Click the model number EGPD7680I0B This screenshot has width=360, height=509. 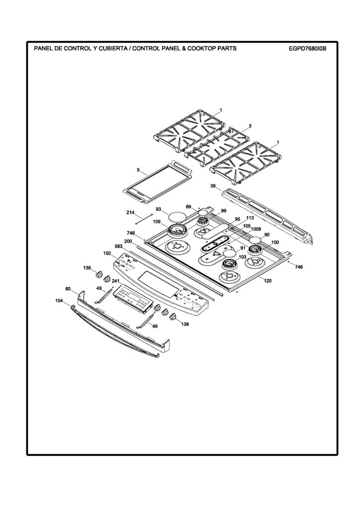pyautogui.click(x=307, y=49)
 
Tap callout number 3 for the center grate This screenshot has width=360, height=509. pyautogui.click(x=250, y=125)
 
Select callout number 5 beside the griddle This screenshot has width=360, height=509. pyautogui.click(x=138, y=170)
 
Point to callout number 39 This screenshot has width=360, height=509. pyautogui.click(x=213, y=186)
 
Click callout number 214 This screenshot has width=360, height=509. pyautogui.click(x=130, y=213)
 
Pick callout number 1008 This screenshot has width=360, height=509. pyautogui.click(x=256, y=229)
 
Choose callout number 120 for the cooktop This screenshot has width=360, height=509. pyautogui.click(x=268, y=281)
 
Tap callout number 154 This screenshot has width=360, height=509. pyautogui.click(x=59, y=301)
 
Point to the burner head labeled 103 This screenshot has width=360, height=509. pyautogui.click(x=230, y=263)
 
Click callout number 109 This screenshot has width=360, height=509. pyautogui.click(x=157, y=222)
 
